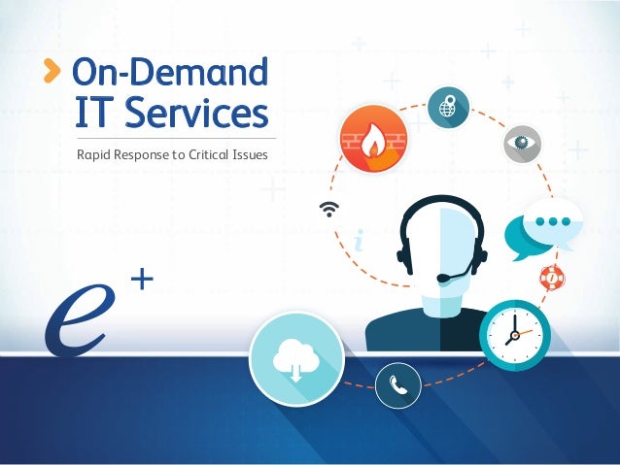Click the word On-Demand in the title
pyautogui.click(x=170, y=71)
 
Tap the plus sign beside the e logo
pyautogui.click(x=142, y=282)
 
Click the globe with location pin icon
pyautogui.click(x=447, y=105)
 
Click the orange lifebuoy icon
pyautogui.click(x=552, y=277)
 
